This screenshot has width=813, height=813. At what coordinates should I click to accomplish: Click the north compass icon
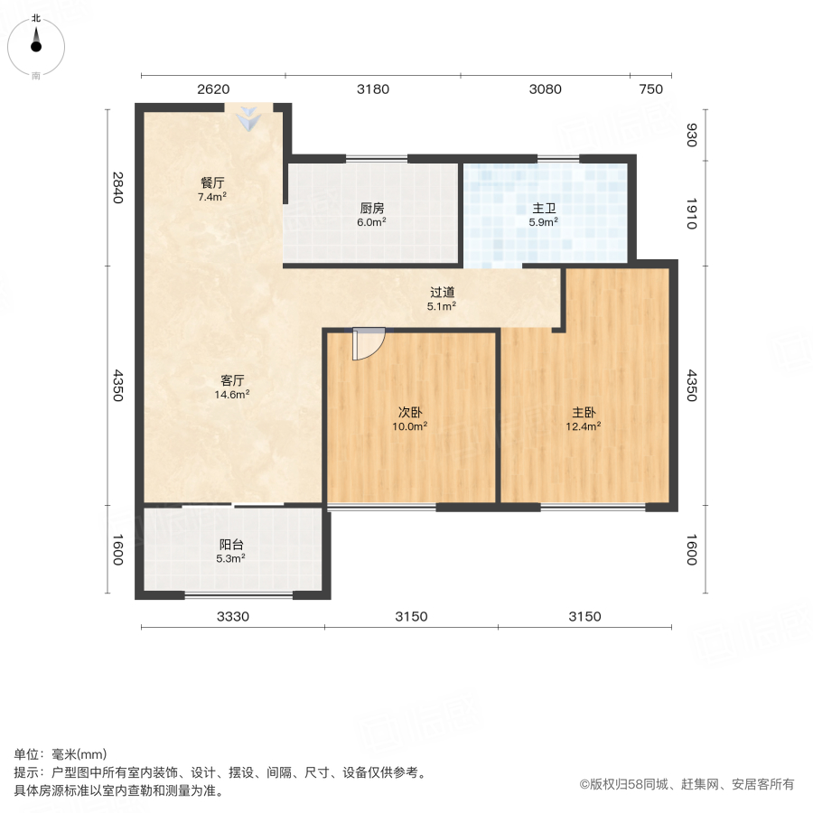pyautogui.click(x=36, y=42)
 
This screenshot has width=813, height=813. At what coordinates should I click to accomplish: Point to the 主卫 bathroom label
pyautogui.click(x=544, y=208)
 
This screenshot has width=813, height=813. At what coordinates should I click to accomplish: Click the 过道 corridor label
pyautogui.click(x=442, y=293)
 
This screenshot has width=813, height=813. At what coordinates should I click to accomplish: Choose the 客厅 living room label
pyautogui.click(x=234, y=380)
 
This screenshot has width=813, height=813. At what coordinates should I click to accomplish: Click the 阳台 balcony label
pyautogui.click(x=232, y=545)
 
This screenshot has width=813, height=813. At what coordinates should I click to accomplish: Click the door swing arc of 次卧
pyautogui.click(x=369, y=344)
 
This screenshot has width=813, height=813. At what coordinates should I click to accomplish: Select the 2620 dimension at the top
pyautogui.click(x=213, y=89)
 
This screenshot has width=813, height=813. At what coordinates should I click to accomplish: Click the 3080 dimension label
pyautogui.click(x=545, y=89)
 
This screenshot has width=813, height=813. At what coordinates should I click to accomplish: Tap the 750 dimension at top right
pyautogui.click(x=650, y=89)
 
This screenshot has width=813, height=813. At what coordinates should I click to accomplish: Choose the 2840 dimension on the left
pyautogui.click(x=117, y=187)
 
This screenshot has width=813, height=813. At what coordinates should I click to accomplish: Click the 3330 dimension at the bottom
pyautogui.click(x=232, y=616)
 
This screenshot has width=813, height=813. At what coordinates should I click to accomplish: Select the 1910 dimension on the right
pyautogui.click(x=691, y=213)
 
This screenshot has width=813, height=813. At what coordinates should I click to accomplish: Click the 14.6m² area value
pyautogui.click(x=234, y=394)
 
